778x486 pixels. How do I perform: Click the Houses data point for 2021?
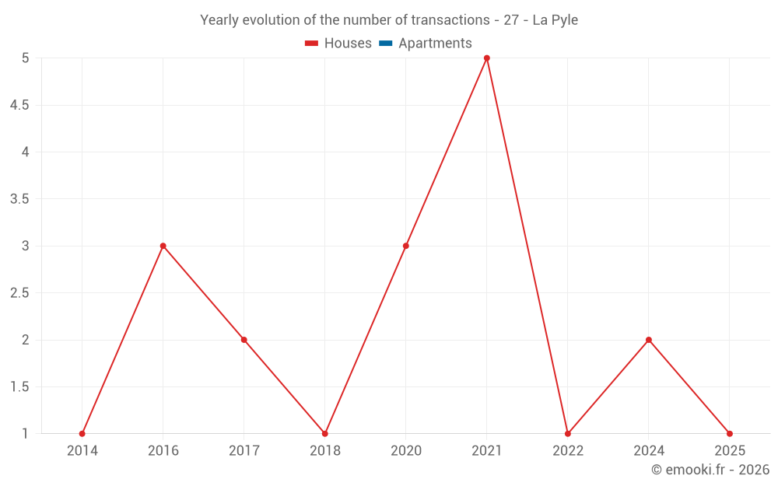[487, 58]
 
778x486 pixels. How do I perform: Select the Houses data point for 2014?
[82, 434]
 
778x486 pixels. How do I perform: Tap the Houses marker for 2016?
[163, 246]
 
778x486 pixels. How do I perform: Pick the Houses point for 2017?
[244, 340]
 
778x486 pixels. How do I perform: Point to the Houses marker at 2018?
[325, 434]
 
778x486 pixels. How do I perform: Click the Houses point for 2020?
[406, 246]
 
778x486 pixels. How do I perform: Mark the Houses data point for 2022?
[568, 434]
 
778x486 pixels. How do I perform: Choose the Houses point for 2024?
[649, 340]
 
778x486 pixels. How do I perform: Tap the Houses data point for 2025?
[730, 434]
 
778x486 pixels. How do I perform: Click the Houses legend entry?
[338, 44]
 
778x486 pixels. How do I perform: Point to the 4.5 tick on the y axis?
[19, 105]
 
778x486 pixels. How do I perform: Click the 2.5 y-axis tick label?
[19, 293]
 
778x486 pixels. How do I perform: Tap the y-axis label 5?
[25, 58]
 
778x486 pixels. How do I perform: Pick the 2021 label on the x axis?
[487, 451]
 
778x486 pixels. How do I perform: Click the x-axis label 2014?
[82, 451]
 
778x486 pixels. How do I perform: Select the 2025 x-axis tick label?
[730, 451]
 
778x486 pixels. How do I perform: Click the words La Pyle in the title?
[555, 20]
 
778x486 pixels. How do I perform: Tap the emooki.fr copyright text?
[710, 470]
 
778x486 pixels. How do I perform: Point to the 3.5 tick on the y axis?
[19, 199]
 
